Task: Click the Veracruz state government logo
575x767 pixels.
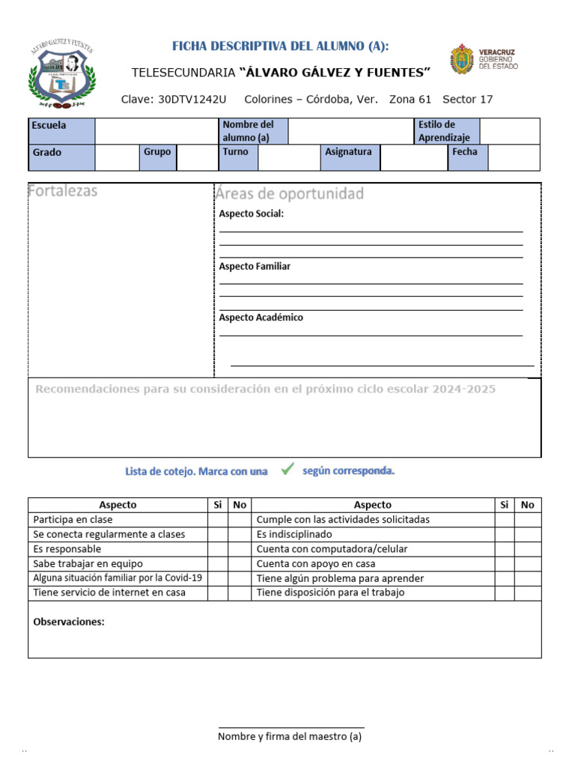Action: tap(484, 60)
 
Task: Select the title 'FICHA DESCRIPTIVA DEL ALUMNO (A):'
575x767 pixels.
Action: tap(281, 46)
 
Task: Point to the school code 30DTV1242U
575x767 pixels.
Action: tap(192, 100)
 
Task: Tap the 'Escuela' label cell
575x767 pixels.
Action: tap(61, 131)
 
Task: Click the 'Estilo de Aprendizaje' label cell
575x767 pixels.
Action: tap(447, 131)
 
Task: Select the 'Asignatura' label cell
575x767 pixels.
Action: tap(350, 158)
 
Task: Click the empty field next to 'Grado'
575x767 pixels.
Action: tap(117, 158)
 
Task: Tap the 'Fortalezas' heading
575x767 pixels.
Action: tap(63, 191)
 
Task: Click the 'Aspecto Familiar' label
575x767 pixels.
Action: tap(255, 267)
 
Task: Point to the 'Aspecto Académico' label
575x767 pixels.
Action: tap(261, 318)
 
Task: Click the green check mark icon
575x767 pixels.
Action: tap(287, 470)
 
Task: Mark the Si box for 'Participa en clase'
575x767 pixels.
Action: tap(217, 520)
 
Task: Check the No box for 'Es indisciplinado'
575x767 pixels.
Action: tap(527, 535)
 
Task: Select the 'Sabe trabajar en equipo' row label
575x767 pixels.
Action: tap(88, 564)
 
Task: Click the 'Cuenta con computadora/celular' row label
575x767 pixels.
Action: tap(332, 549)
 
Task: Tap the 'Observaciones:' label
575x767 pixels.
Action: tap(69, 622)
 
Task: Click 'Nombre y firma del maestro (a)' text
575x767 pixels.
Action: tap(290, 736)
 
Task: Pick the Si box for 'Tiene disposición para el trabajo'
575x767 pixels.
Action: tap(504, 593)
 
